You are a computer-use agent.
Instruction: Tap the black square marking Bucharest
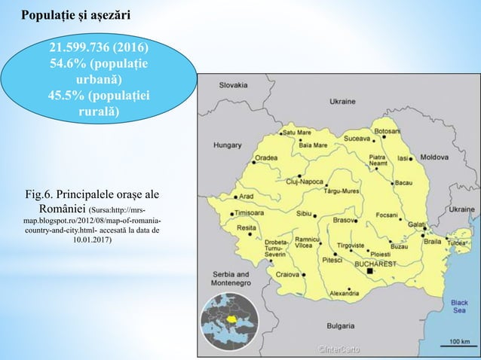[x=370, y=274]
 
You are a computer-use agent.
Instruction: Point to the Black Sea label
[x=459, y=307]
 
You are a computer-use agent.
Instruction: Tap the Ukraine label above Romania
[x=342, y=101]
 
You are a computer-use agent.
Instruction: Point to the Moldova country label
[x=434, y=157]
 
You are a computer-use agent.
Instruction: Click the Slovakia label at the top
[x=234, y=86]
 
